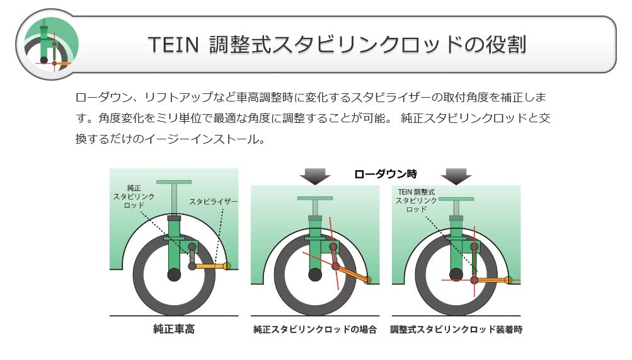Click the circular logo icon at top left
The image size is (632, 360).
coord(47,44)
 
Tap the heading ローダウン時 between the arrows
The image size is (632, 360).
coord(386,173)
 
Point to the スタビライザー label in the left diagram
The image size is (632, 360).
coord(214,202)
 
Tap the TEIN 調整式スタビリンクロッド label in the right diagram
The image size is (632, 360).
coord(417,200)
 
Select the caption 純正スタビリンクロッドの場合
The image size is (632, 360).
coord(315,329)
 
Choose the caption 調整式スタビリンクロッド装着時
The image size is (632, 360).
coord(456,329)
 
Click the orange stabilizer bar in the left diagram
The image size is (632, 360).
coord(210,267)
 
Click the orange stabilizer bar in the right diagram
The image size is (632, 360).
coord(493,279)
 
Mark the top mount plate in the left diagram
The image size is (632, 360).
coord(174,182)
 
